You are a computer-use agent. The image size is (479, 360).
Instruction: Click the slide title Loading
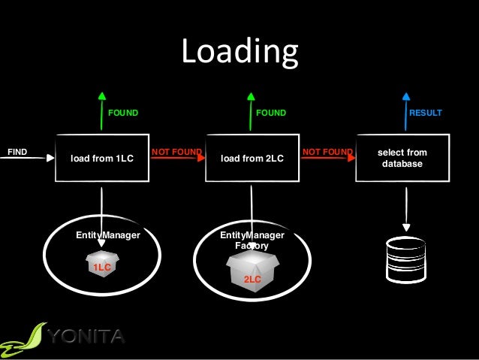click(239, 53)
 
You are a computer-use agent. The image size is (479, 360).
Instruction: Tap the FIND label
click(17, 152)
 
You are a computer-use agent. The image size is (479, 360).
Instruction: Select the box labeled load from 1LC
click(101, 159)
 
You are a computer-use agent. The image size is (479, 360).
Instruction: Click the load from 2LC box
click(252, 159)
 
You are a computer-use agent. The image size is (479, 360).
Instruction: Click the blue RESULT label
click(425, 113)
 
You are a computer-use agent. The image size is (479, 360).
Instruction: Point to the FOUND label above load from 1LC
click(124, 113)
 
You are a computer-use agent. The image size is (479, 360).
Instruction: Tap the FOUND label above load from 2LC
click(271, 113)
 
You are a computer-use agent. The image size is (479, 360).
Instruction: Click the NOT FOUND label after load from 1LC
click(176, 152)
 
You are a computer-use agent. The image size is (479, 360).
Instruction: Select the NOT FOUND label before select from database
click(327, 152)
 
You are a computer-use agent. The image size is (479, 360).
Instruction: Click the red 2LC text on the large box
click(252, 279)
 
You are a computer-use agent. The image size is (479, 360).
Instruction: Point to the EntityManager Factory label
click(252, 241)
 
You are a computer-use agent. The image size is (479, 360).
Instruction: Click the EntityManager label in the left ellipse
click(108, 235)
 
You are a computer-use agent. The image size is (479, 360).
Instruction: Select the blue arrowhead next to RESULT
click(406, 96)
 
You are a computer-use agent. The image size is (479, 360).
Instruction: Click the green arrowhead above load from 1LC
click(102, 96)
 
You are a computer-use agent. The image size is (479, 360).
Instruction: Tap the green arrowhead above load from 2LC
click(252, 96)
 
